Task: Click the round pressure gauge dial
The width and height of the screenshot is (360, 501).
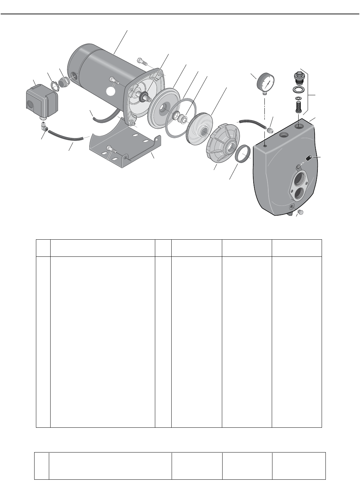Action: pyautogui.click(x=266, y=83)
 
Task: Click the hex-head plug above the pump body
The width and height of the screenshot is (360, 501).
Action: pyautogui.click(x=298, y=76)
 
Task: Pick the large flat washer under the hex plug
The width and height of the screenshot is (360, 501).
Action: pyautogui.click(x=298, y=89)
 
